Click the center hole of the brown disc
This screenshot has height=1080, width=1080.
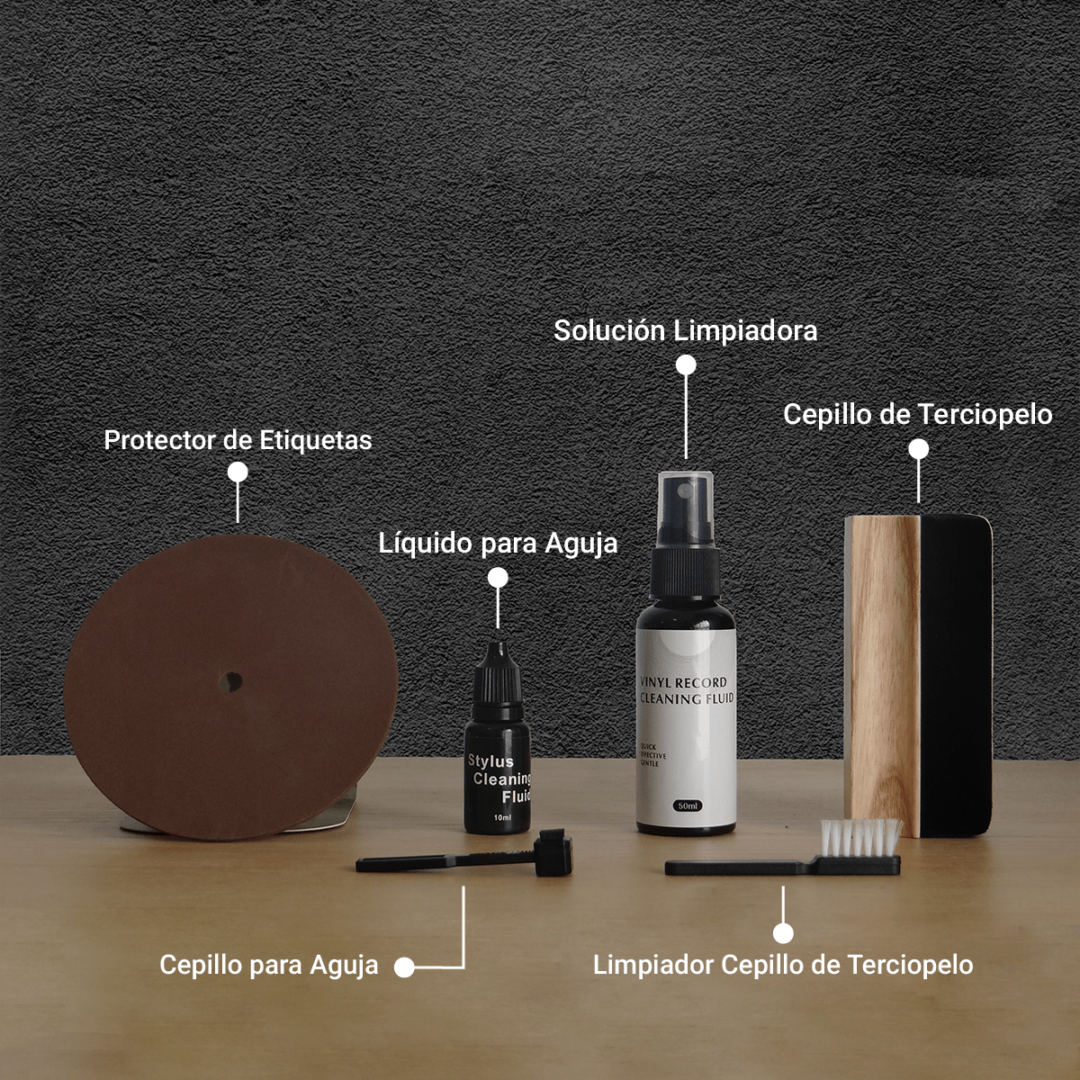click(234, 682)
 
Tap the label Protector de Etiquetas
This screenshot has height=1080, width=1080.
click(238, 440)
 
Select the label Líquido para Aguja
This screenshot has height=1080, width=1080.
click(498, 544)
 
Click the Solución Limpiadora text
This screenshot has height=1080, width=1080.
click(685, 330)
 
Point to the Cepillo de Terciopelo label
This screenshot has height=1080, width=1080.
click(917, 414)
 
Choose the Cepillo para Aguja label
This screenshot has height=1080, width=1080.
click(269, 965)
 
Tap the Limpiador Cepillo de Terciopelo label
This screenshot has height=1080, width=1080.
click(783, 965)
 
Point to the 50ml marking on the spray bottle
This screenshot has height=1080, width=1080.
click(688, 805)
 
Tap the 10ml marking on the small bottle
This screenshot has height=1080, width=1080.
click(502, 817)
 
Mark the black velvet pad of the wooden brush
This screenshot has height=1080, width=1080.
click(954, 675)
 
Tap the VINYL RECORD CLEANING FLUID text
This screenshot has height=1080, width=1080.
click(686, 690)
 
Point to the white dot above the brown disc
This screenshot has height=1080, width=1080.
click(238, 472)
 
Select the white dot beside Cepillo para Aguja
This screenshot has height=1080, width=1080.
click(404, 967)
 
